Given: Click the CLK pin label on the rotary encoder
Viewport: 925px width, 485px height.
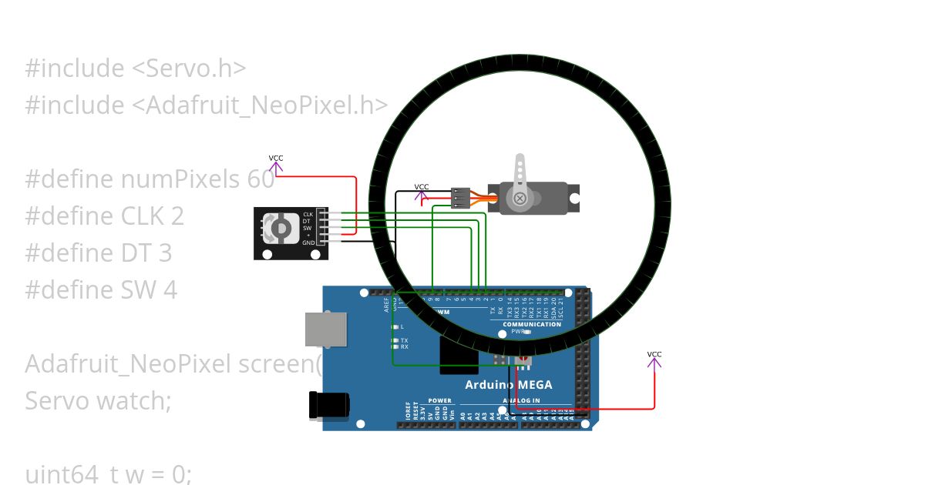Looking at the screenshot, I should pyautogui.click(x=308, y=214).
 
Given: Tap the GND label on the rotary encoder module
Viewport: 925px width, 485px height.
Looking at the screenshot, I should pyautogui.click(x=308, y=242).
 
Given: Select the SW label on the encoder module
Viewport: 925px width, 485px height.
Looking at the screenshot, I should pyautogui.click(x=307, y=228).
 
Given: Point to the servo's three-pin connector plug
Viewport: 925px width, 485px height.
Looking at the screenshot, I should pyautogui.click(x=460, y=199).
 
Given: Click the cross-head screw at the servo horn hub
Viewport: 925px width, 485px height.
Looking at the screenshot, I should pyautogui.click(x=520, y=199).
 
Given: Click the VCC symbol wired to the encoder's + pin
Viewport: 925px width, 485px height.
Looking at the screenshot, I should pyautogui.click(x=276, y=162).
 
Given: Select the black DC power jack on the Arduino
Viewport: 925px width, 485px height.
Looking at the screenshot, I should pyautogui.click(x=327, y=406).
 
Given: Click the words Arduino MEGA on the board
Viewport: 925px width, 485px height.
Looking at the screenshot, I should pyautogui.click(x=508, y=385).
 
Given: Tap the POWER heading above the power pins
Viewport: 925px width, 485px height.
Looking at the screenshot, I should pyautogui.click(x=439, y=400).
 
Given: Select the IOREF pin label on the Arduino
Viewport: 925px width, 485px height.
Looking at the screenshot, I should pyautogui.click(x=408, y=412).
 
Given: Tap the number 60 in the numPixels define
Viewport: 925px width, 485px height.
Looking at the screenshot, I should pyautogui.click(x=261, y=179).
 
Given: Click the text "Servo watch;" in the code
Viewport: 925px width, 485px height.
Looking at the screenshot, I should pyautogui.click(x=98, y=400).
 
